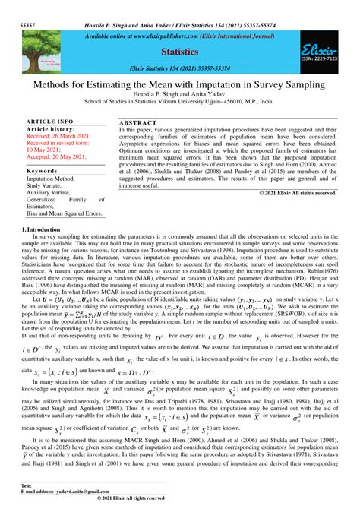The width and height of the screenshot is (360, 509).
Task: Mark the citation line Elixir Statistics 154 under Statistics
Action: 180,68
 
